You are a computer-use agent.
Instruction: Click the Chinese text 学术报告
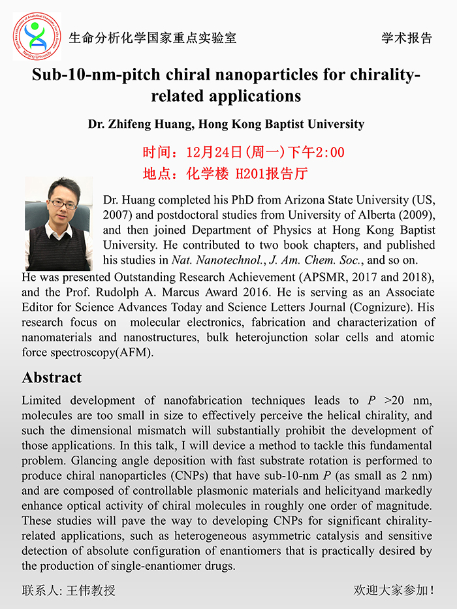coord(407,38)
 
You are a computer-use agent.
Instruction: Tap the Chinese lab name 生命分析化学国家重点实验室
coord(153,38)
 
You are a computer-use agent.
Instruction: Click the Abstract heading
coord(52,378)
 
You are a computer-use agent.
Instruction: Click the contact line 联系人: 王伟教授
coord(69,591)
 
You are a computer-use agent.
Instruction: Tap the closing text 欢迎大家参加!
coord(394,591)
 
